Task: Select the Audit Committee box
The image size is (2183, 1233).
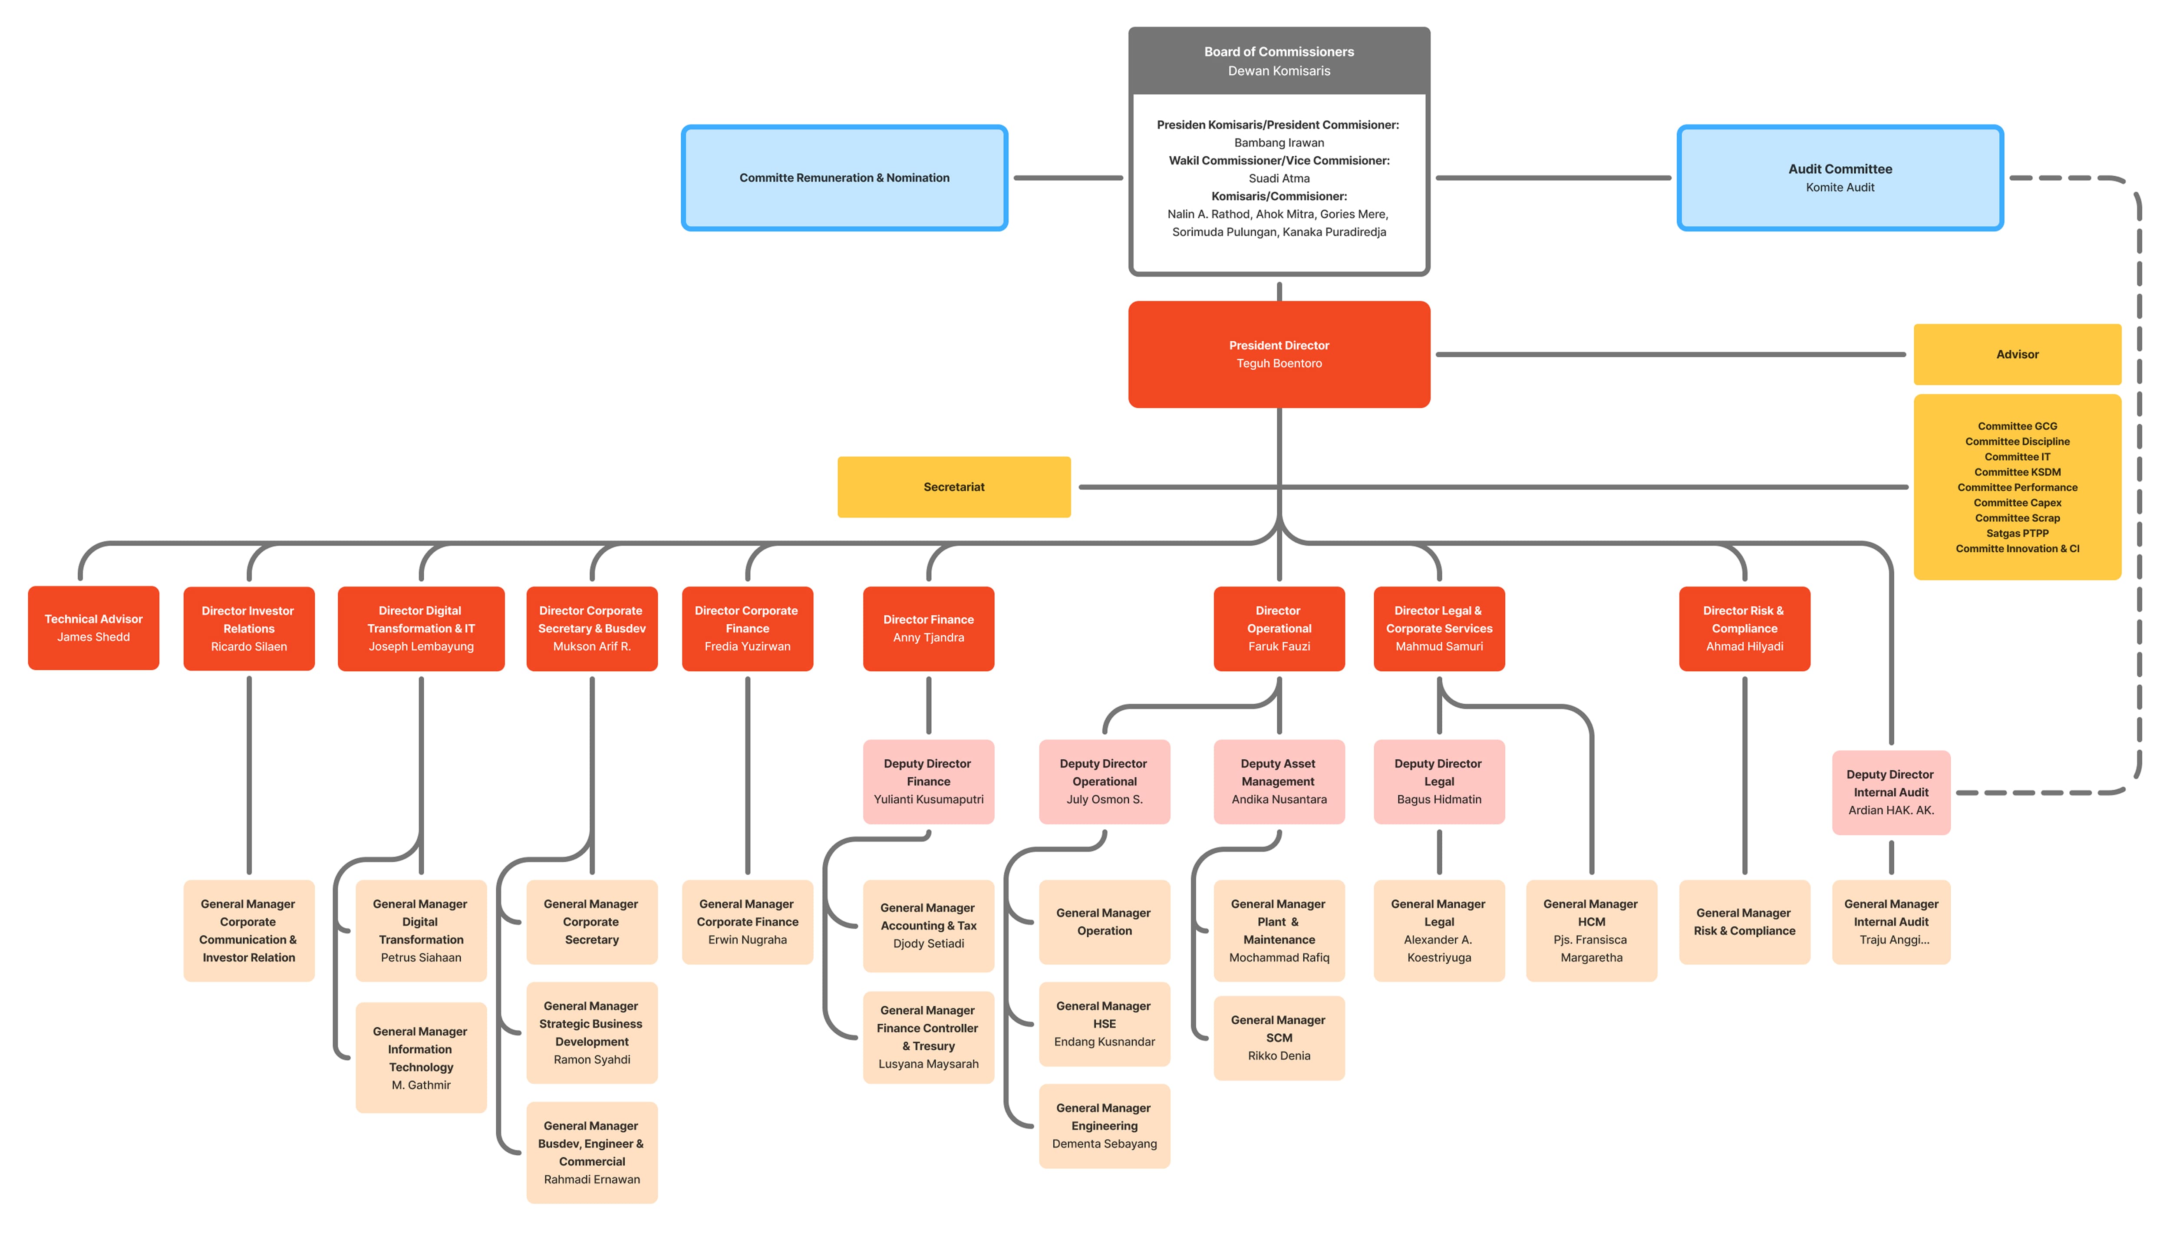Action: tap(1839, 178)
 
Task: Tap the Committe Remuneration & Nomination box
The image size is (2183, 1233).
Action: tap(844, 178)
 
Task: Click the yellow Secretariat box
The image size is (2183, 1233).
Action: tap(953, 487)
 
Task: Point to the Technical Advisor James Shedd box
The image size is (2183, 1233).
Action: tap(93, 628)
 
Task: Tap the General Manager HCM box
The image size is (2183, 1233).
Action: tap(1591, 930)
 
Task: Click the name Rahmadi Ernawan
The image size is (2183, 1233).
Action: tap(591, 1180)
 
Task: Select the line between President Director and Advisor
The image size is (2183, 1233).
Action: tap(1669, 354)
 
